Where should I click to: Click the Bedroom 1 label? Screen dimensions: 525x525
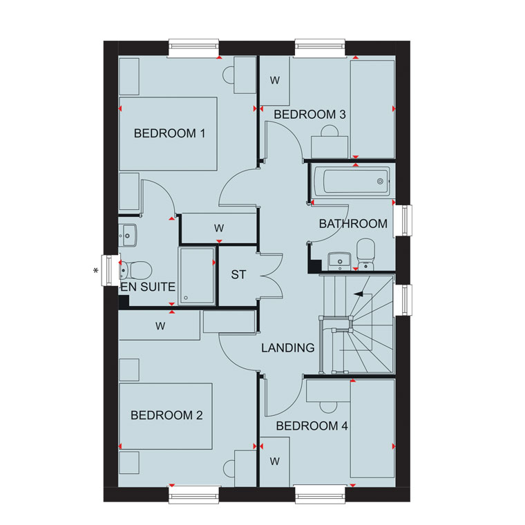click(x=169, y=133)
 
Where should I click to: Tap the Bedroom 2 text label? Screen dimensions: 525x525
click(x=166, y=415)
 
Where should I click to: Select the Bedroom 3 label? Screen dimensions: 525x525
click(x=309, y=115)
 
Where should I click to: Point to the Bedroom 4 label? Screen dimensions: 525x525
click(x=312, y=426)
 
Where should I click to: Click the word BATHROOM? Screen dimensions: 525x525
click(x=353, y=224)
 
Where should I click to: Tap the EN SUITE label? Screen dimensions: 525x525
click(x=148, y=287)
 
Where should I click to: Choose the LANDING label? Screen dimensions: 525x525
click(x=288, y=348)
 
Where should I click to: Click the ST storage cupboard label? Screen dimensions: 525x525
click(x=238, y=275)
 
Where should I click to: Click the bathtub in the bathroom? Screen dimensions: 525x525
click(x=352, y=181)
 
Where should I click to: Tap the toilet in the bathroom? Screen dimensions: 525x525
click(x=365, y=254)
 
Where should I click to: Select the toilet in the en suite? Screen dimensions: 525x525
click(x=135, y=270)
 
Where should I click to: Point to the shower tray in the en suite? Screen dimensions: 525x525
click(x=197, y=276)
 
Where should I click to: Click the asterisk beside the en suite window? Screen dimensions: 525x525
click(x=96, y=271)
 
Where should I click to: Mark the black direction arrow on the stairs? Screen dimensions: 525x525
click(x=359, y=294)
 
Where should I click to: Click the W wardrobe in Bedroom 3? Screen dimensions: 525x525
click(x=275, y=81)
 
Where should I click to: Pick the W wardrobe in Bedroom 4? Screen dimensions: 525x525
click(x=275, y=461)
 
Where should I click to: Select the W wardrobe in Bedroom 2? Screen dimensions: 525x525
click(x=160, y=325)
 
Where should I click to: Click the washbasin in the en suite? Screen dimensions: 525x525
click(x=128, y=236)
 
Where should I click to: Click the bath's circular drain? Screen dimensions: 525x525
click(x=380, y=181)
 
